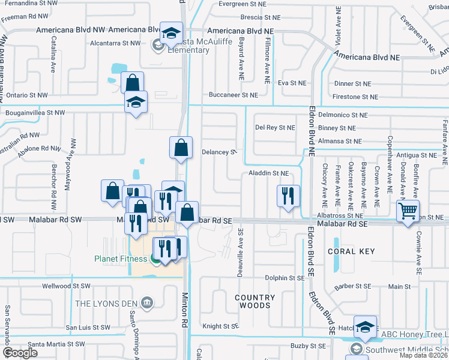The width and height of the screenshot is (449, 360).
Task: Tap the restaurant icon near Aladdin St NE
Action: [288, 195]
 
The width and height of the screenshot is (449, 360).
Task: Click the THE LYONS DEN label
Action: [107, 303]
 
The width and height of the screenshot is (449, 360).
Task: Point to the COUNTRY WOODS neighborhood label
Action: [255, 301]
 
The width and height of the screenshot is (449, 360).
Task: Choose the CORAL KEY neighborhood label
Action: [351, 251]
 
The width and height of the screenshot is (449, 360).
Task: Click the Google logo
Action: [20, 353]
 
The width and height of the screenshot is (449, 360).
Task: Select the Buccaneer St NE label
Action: [233, 95]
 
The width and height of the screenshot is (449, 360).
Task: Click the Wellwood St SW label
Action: [66, 286]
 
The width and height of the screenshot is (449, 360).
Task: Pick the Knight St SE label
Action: [220, 326]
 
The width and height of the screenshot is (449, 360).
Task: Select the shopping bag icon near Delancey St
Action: [181, 147]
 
